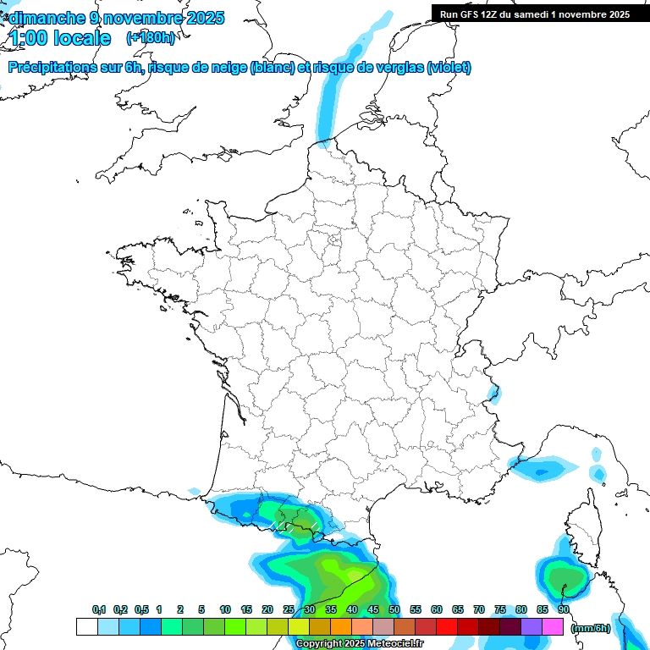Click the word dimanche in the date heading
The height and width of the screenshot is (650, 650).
click(46, 18)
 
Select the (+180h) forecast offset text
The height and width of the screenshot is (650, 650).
click(150, 38)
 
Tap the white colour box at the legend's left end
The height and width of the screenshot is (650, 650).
click(86, 626)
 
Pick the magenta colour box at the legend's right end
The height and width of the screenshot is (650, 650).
click(554, 626)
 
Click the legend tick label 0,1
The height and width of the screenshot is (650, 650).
click(99, 609)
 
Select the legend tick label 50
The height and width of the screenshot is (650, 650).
click(394, 609)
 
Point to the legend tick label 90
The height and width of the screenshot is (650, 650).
click(564, 609)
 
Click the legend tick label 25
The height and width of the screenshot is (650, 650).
click(289, 609)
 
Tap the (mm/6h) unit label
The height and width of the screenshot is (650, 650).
click(591, 628)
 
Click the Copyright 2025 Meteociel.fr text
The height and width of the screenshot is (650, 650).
click(360, 644)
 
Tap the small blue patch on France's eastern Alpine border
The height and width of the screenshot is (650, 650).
click(493, 391)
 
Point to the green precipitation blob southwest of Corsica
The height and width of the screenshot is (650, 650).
click(560, 580)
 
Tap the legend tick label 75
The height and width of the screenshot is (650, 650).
click(500, 609)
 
